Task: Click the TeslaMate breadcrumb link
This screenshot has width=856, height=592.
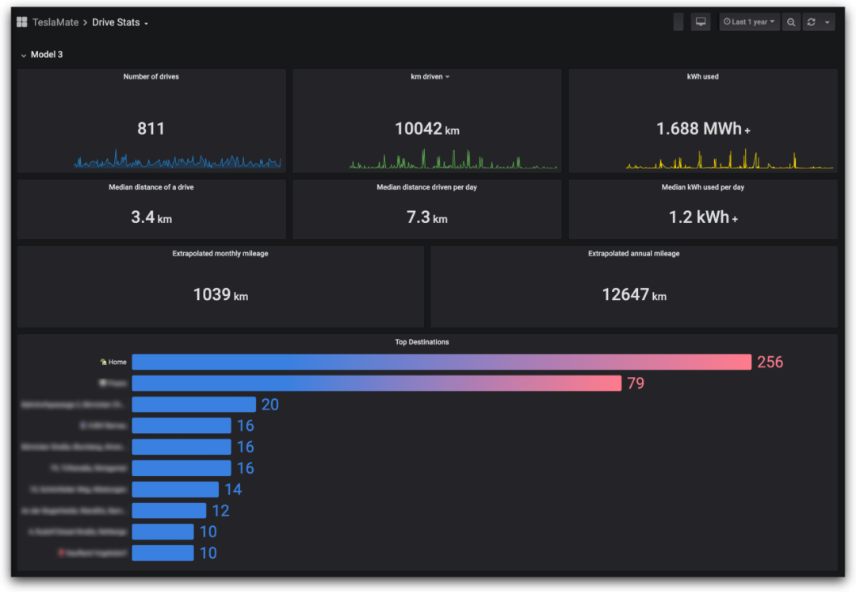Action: pyautogui.click(x=55, y=22)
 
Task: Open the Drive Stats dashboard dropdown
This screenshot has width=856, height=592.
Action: pyautogui.click(x=120, y=22)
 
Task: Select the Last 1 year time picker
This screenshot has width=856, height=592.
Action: pyautogui.click(x=749, y=22)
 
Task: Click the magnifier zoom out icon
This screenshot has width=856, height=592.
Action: pyautogui.click(x=791, y=22)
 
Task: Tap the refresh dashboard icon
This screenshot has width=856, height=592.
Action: pyautogui.click(x=811, y=22)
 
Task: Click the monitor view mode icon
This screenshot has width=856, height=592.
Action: pyautogui.click(x=701, y=22)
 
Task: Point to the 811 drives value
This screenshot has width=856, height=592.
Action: pyautogui.click(x=151, y=129)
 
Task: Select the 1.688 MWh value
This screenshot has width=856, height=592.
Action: pyautogui.click(x=699, y=129)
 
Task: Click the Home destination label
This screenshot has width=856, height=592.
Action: pyautogui.click(x=117, y=362)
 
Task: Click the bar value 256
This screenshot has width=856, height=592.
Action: pyautogui.click(x=770, y=362)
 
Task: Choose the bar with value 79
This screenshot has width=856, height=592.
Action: pyautogui.click(x=376, y=383)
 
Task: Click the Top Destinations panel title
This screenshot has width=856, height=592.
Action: pyautogui.click(x=422, y=342)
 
